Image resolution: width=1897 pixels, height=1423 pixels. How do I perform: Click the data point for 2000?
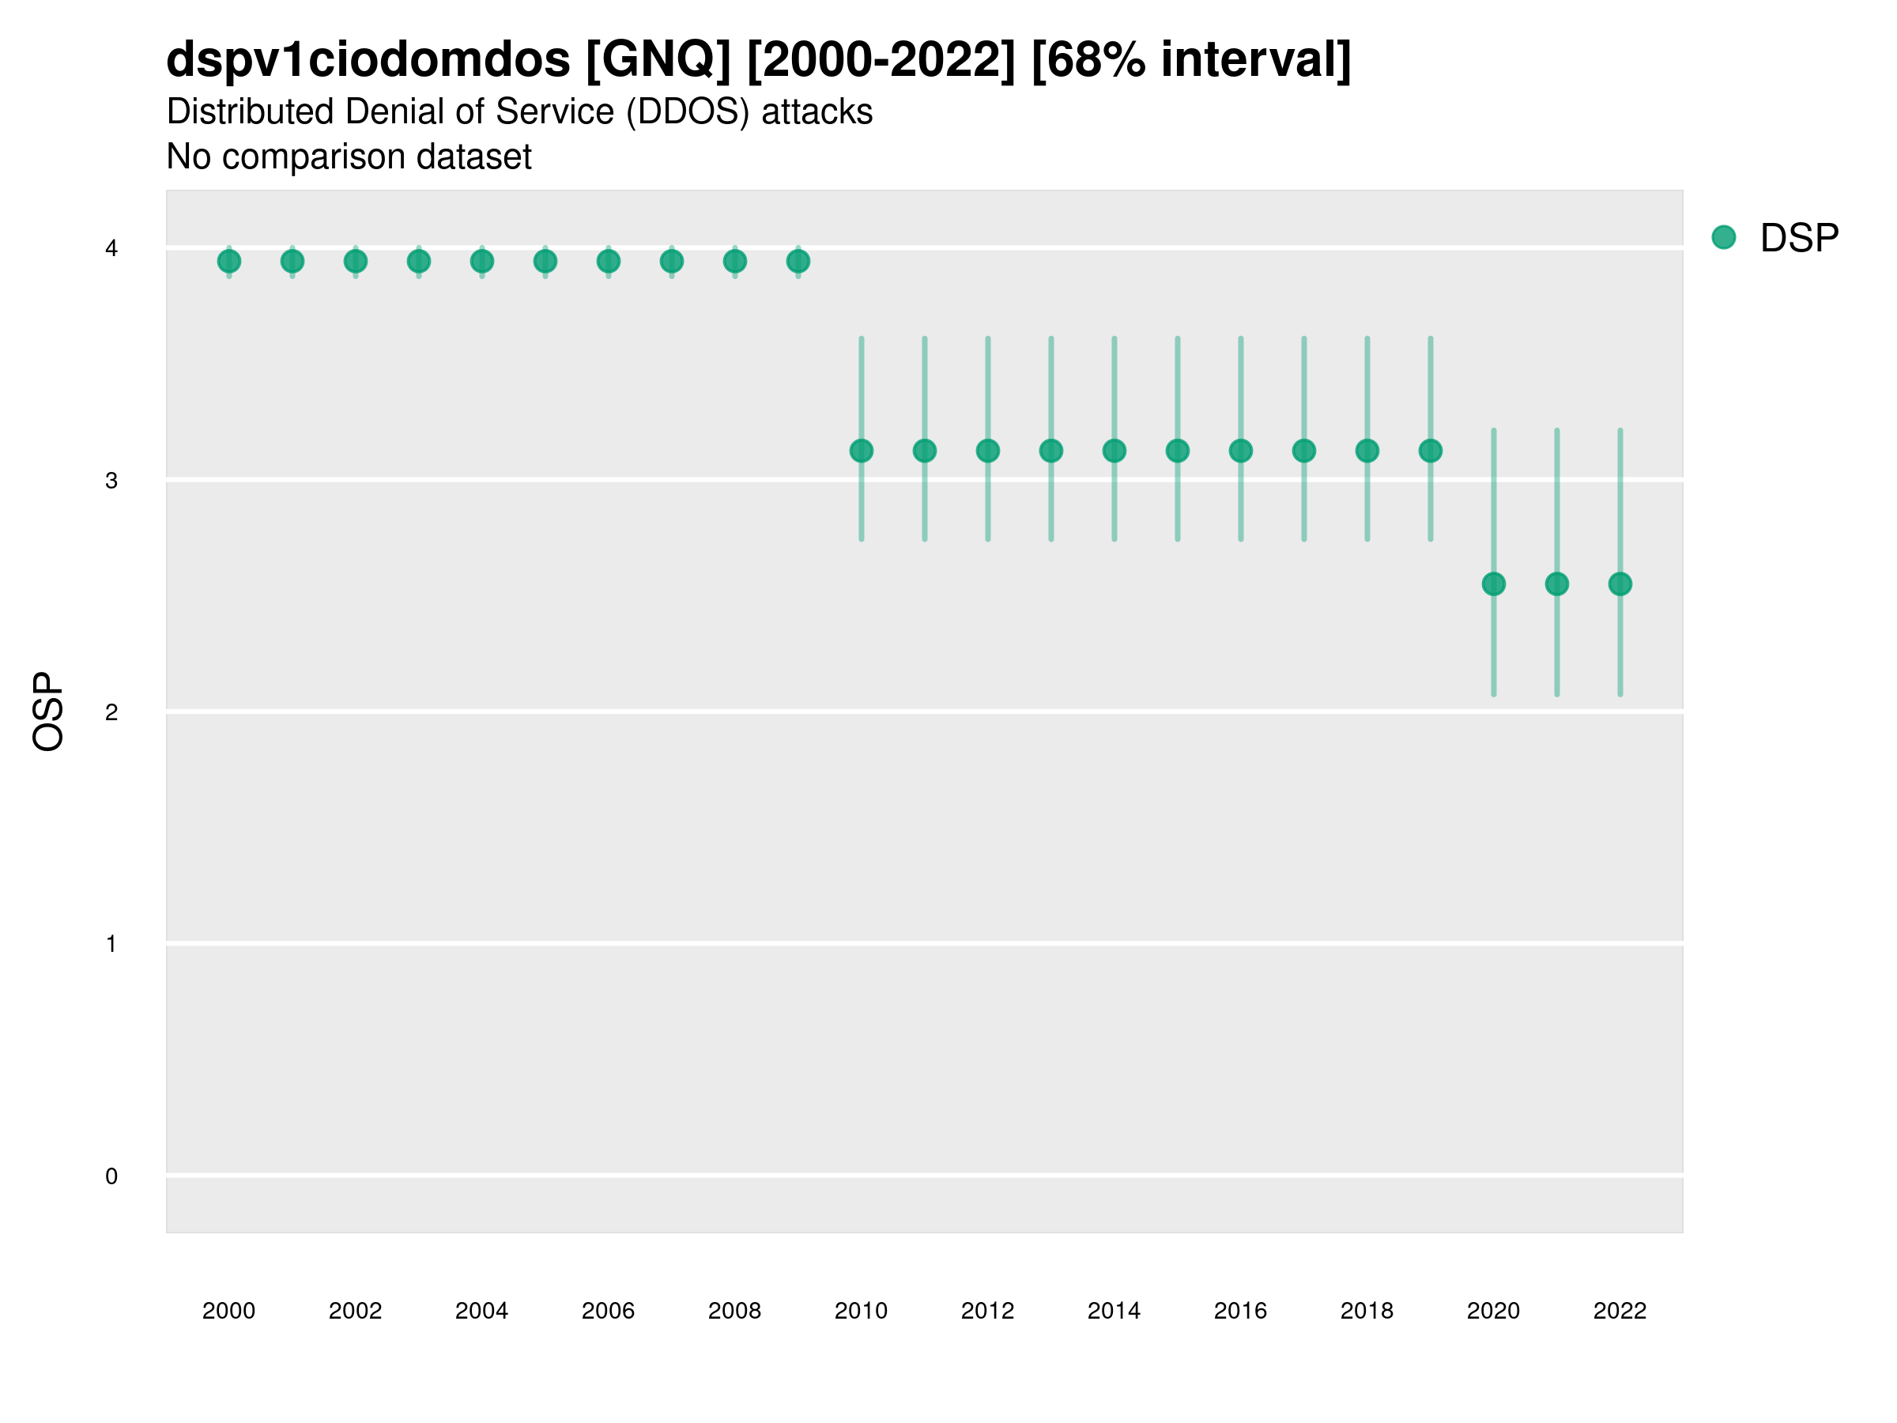(x=229, y=262)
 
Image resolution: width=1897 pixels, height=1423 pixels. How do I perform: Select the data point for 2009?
(x=798, y=262)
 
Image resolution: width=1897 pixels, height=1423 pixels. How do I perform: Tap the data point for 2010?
(x=861, y=451)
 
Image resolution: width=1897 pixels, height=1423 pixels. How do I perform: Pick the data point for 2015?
(x=1178, y=451)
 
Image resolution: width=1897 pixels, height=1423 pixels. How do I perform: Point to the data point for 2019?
(x=1431, y=451)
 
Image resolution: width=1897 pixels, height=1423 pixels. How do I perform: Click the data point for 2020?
(x=1494, y=584)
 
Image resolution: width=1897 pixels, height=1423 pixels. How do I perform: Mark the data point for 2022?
(x=1620, y=584)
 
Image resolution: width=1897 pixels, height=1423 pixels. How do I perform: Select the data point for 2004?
(x=482, y=262)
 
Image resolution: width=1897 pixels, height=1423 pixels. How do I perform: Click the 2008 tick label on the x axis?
(x=734, y=1311)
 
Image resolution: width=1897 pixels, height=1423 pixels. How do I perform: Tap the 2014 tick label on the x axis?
(x=1114, y=1311)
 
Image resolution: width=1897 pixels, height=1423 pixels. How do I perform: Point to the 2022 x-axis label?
(x=1620, y=1311)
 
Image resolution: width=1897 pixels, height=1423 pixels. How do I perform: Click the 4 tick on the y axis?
(x=111, y=249)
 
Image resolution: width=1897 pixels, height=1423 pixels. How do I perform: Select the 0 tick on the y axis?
(x=111, y=1176)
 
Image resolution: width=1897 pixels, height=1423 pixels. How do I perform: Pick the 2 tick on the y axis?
(x=111, y=712)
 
